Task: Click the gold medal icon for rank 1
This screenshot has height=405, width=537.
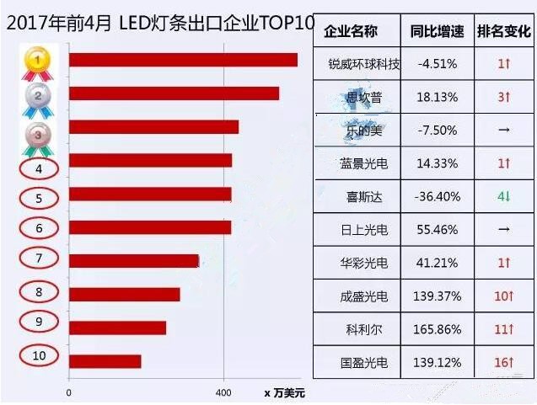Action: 36,60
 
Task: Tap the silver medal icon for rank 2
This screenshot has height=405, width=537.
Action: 36,96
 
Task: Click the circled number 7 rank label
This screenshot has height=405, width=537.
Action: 39,258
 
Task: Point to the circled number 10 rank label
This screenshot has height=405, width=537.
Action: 39,355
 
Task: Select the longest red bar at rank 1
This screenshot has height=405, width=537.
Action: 183,60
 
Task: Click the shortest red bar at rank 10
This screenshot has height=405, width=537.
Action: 105,361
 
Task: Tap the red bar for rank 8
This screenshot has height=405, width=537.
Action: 124,294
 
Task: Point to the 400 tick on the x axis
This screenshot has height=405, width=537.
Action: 223,392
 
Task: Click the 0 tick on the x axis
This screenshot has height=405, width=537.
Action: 69,392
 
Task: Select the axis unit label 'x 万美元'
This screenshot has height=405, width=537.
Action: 284,392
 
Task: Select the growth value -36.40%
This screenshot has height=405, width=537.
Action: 437,196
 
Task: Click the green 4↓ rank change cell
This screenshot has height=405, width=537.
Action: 504,196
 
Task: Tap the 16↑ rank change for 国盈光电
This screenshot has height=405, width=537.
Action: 504,362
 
